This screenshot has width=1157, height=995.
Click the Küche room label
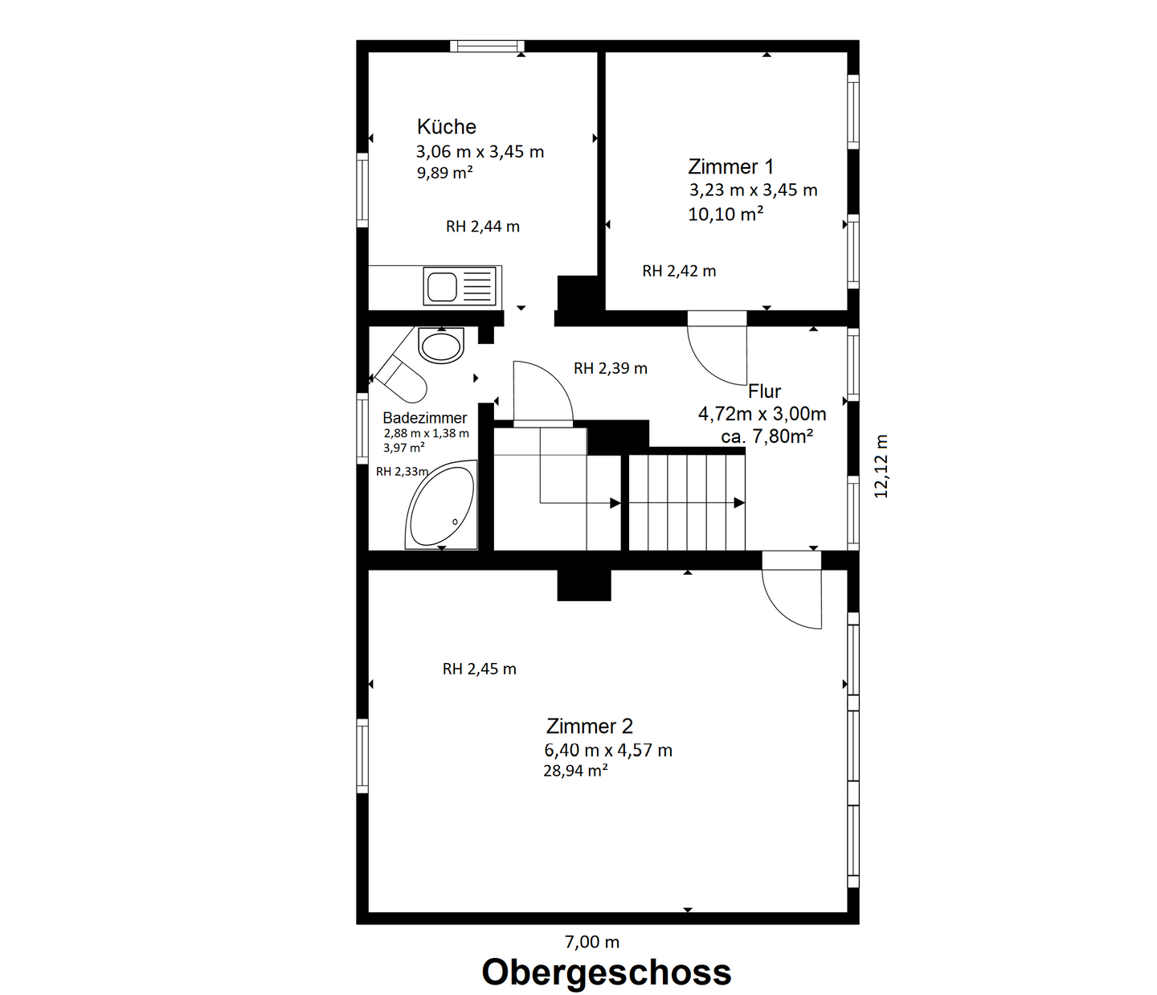click(x=446, y=127)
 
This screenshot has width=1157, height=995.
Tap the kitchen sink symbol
click(x=460, y=287)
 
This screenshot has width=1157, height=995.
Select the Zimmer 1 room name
click(x=730, y=167)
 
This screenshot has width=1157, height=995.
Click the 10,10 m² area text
click(x=725, y=214)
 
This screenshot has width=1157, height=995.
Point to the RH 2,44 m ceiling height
click(x=482, y=227)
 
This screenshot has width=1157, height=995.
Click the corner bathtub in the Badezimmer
click(x=440, y=507)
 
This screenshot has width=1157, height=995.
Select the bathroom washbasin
click(x=441, y=346)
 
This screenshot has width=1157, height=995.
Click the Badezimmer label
click(x=424, y=418)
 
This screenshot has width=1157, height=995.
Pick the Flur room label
click(x=764, y=391)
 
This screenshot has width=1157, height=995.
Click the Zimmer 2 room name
click(x=589, y=727)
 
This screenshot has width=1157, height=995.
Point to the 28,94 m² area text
click(x=574, y=771)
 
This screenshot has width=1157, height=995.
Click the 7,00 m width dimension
click(x=591, y=942)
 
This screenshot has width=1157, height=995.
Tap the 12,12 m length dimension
click(x=881, y=466)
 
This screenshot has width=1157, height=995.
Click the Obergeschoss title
click(x=606, y=972)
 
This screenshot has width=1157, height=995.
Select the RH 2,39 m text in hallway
click(x=610, y=369)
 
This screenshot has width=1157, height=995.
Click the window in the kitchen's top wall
click(x=487, y=46)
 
